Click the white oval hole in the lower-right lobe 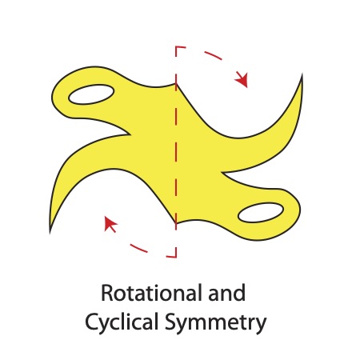[x=261, y=212]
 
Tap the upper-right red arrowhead [x=243, y=81]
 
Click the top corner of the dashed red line [x=176, y=47]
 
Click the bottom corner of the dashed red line [x=176, y=256]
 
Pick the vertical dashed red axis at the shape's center [x=176, y=152]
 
